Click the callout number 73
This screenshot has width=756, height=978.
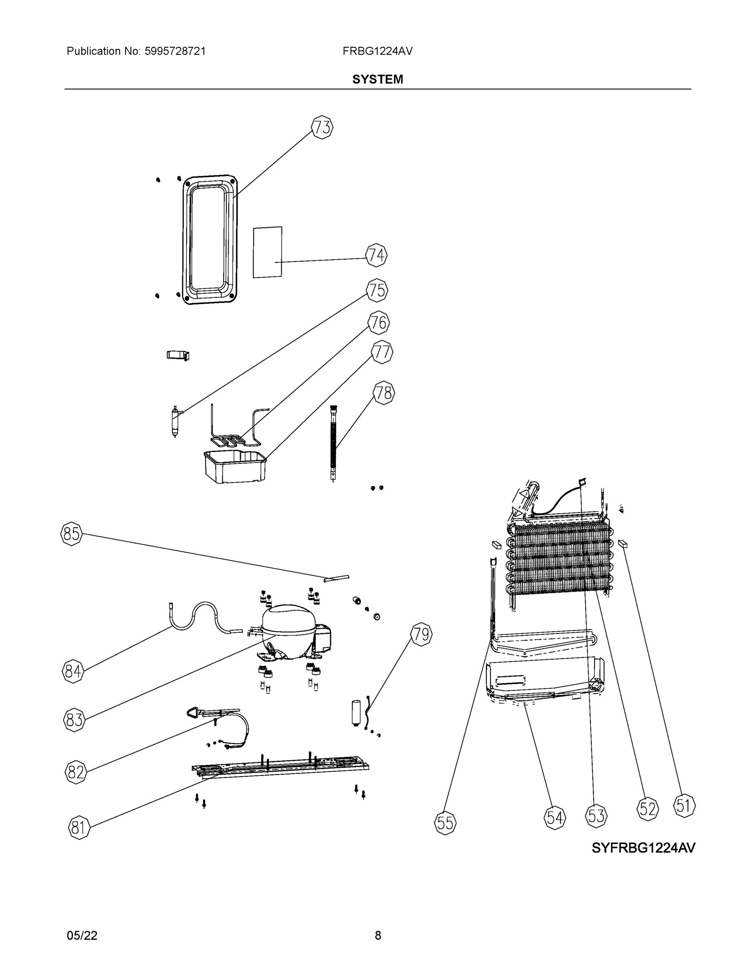tap(322, 128)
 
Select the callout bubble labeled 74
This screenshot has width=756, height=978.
tap(376, 255)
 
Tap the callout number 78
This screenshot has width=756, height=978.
tap(384, 393)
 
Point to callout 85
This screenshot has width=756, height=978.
tap(72, 534)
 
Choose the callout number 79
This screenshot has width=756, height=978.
tap(421, 634)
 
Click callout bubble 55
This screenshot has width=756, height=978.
tap(445, 823)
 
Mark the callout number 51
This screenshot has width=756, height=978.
tap(684, 806)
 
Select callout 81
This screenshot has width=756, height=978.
tap(79, 828)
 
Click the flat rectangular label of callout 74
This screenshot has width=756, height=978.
tap(267, 252)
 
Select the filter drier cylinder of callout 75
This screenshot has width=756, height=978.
tap(175, 421)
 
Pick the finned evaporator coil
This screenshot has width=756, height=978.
tap(560, 560)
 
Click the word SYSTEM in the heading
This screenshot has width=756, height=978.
tap(377, 79)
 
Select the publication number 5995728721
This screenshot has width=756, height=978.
tap(175, 51)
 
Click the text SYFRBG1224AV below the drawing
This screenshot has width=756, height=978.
tap(643, 848)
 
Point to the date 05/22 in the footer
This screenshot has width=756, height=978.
tap(82, 935)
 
